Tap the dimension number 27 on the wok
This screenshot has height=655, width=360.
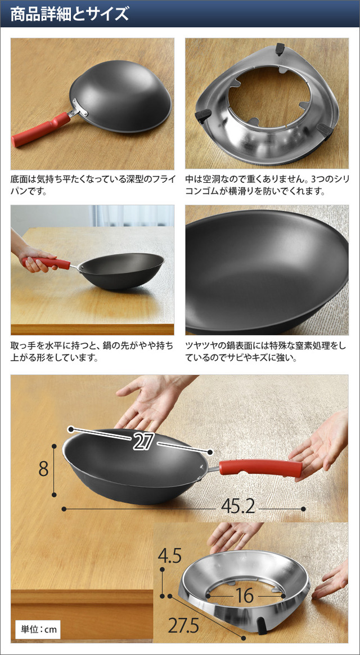tap(142, 442)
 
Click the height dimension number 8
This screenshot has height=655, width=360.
tap(43, 469)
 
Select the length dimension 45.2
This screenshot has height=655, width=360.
tap(237, 508)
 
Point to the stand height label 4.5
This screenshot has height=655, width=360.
tap(169, 557)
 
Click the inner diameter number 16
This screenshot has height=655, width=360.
tap(244, 596)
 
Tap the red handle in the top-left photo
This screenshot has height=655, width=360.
tap(41, 129)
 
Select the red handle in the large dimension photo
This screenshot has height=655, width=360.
tap(260, 468)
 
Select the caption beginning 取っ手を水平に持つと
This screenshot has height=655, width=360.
tap(92, 352)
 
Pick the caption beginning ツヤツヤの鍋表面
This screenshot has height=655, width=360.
tap(267, 352)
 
